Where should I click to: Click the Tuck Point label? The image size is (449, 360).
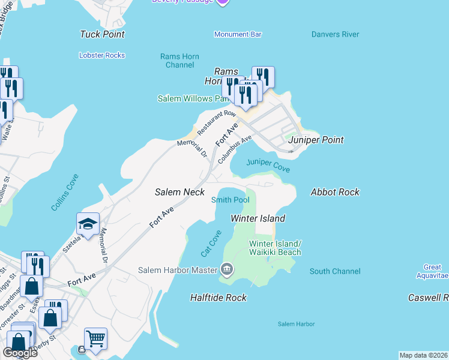pyautogui.click(x=102, y=34)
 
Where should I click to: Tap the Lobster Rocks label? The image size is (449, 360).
pyautogui.click(x=102, y=55)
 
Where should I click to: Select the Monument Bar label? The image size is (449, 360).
pyautogui.click(x=238, y=34)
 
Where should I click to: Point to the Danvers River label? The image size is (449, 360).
pyautogui.click(x=335, y=34)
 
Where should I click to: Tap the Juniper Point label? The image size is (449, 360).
pyautogui.click(x=316, y=140)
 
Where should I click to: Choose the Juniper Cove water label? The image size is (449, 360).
pyautogui.click(x=268, y=166)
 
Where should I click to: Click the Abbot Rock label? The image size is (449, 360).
pyautogui.click(x=335, y=192)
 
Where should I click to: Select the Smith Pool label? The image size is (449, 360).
pyautogui.click(x=231, y=200)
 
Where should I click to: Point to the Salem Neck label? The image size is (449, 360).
pyautogui.click(x=179, y=192)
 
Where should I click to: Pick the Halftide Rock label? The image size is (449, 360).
pyautogui.click(x=218, y=297)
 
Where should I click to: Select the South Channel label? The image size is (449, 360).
pyautogui.click(x=335, y=271)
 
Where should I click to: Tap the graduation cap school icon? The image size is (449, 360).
pyautogui.click(x=88, y=225)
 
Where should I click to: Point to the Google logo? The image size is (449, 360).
pyautogui.click(x=19, y=353)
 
